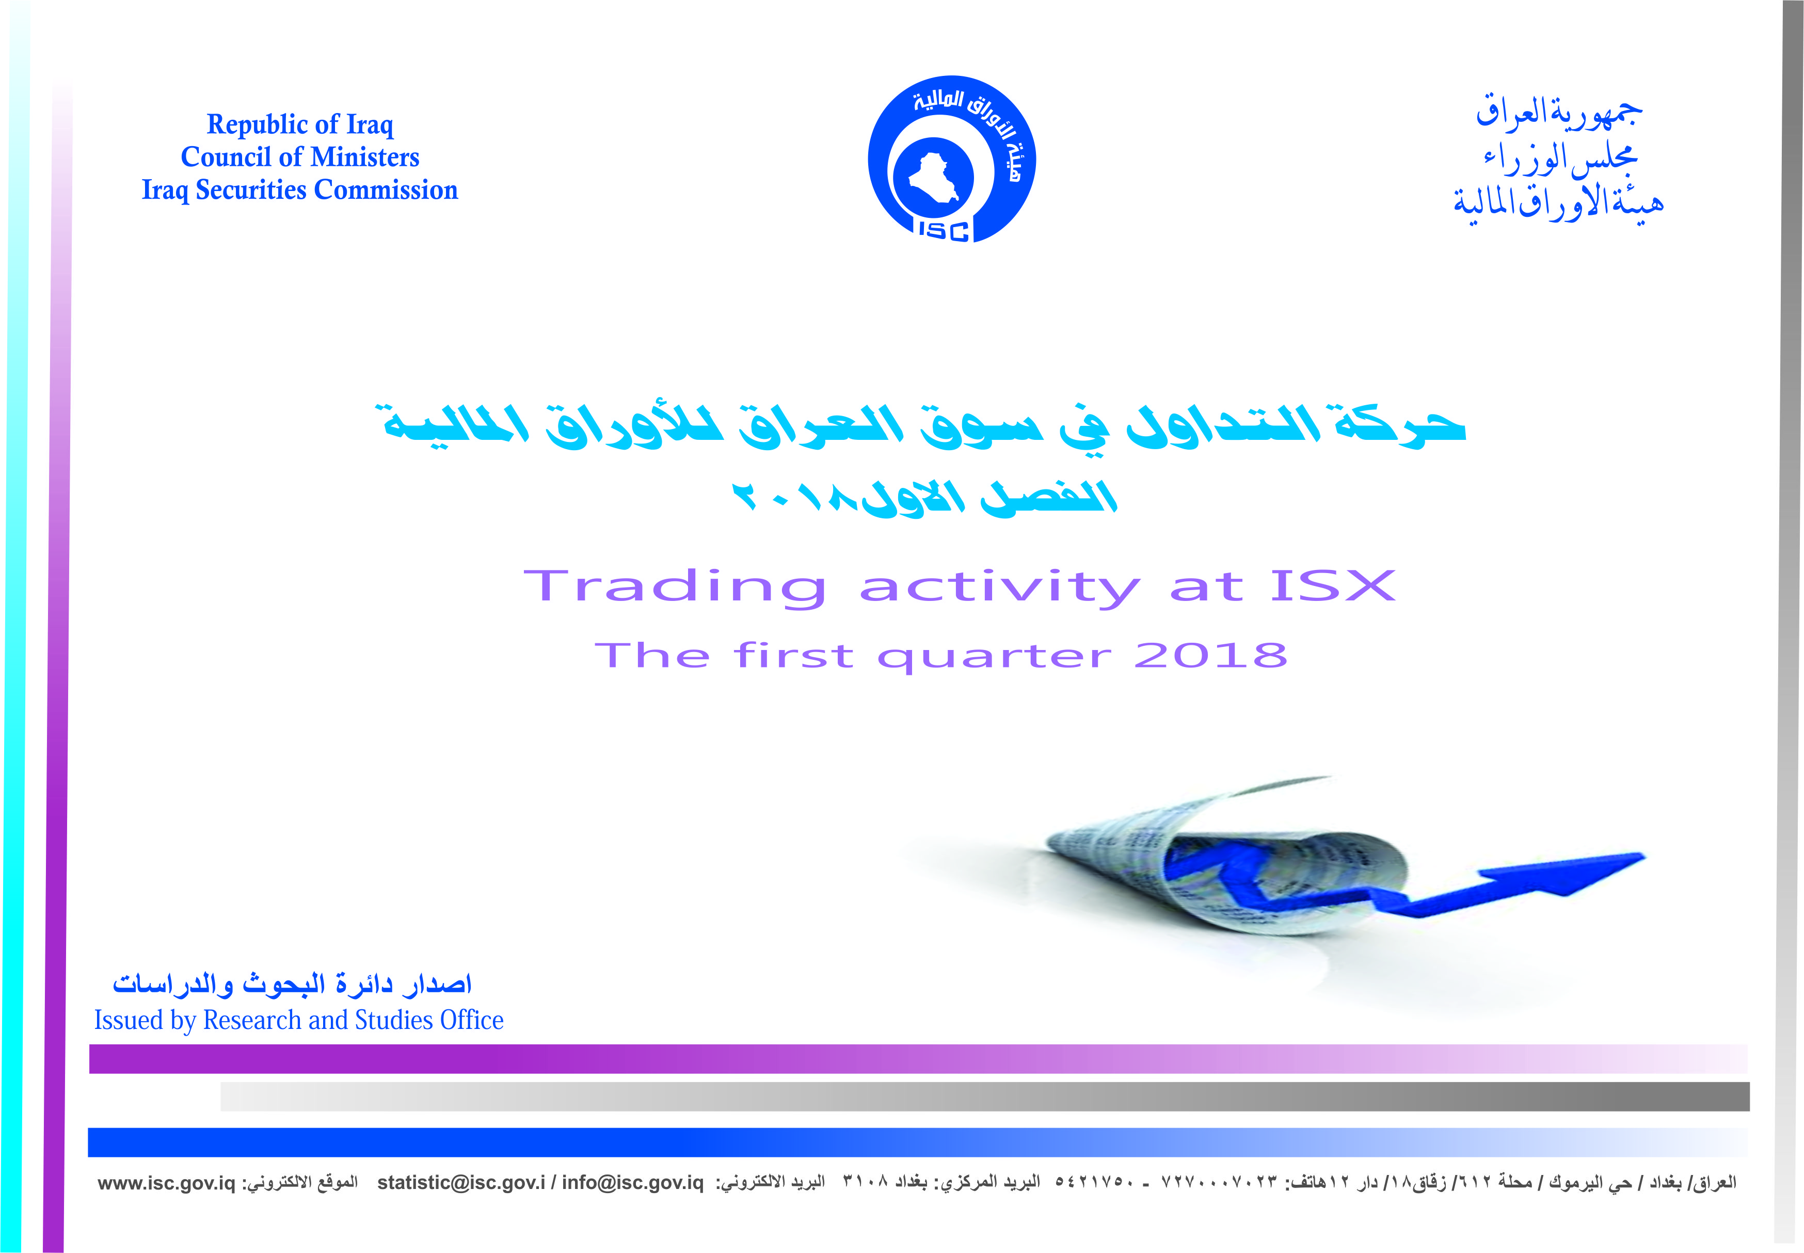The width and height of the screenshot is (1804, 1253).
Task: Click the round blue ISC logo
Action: (x=951, y=160)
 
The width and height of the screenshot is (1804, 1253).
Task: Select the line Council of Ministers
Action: (x=300, y=157)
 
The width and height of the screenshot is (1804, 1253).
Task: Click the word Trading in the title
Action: (x=675, y=587)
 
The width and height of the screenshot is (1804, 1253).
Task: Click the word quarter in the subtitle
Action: (x=994, y=657)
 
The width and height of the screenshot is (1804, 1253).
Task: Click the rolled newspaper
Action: (x=1224, y=856)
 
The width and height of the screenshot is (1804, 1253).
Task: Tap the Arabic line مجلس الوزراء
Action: (x=1560, y=160)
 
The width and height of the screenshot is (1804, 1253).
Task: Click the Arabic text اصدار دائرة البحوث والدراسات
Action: (x=292, y=983)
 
